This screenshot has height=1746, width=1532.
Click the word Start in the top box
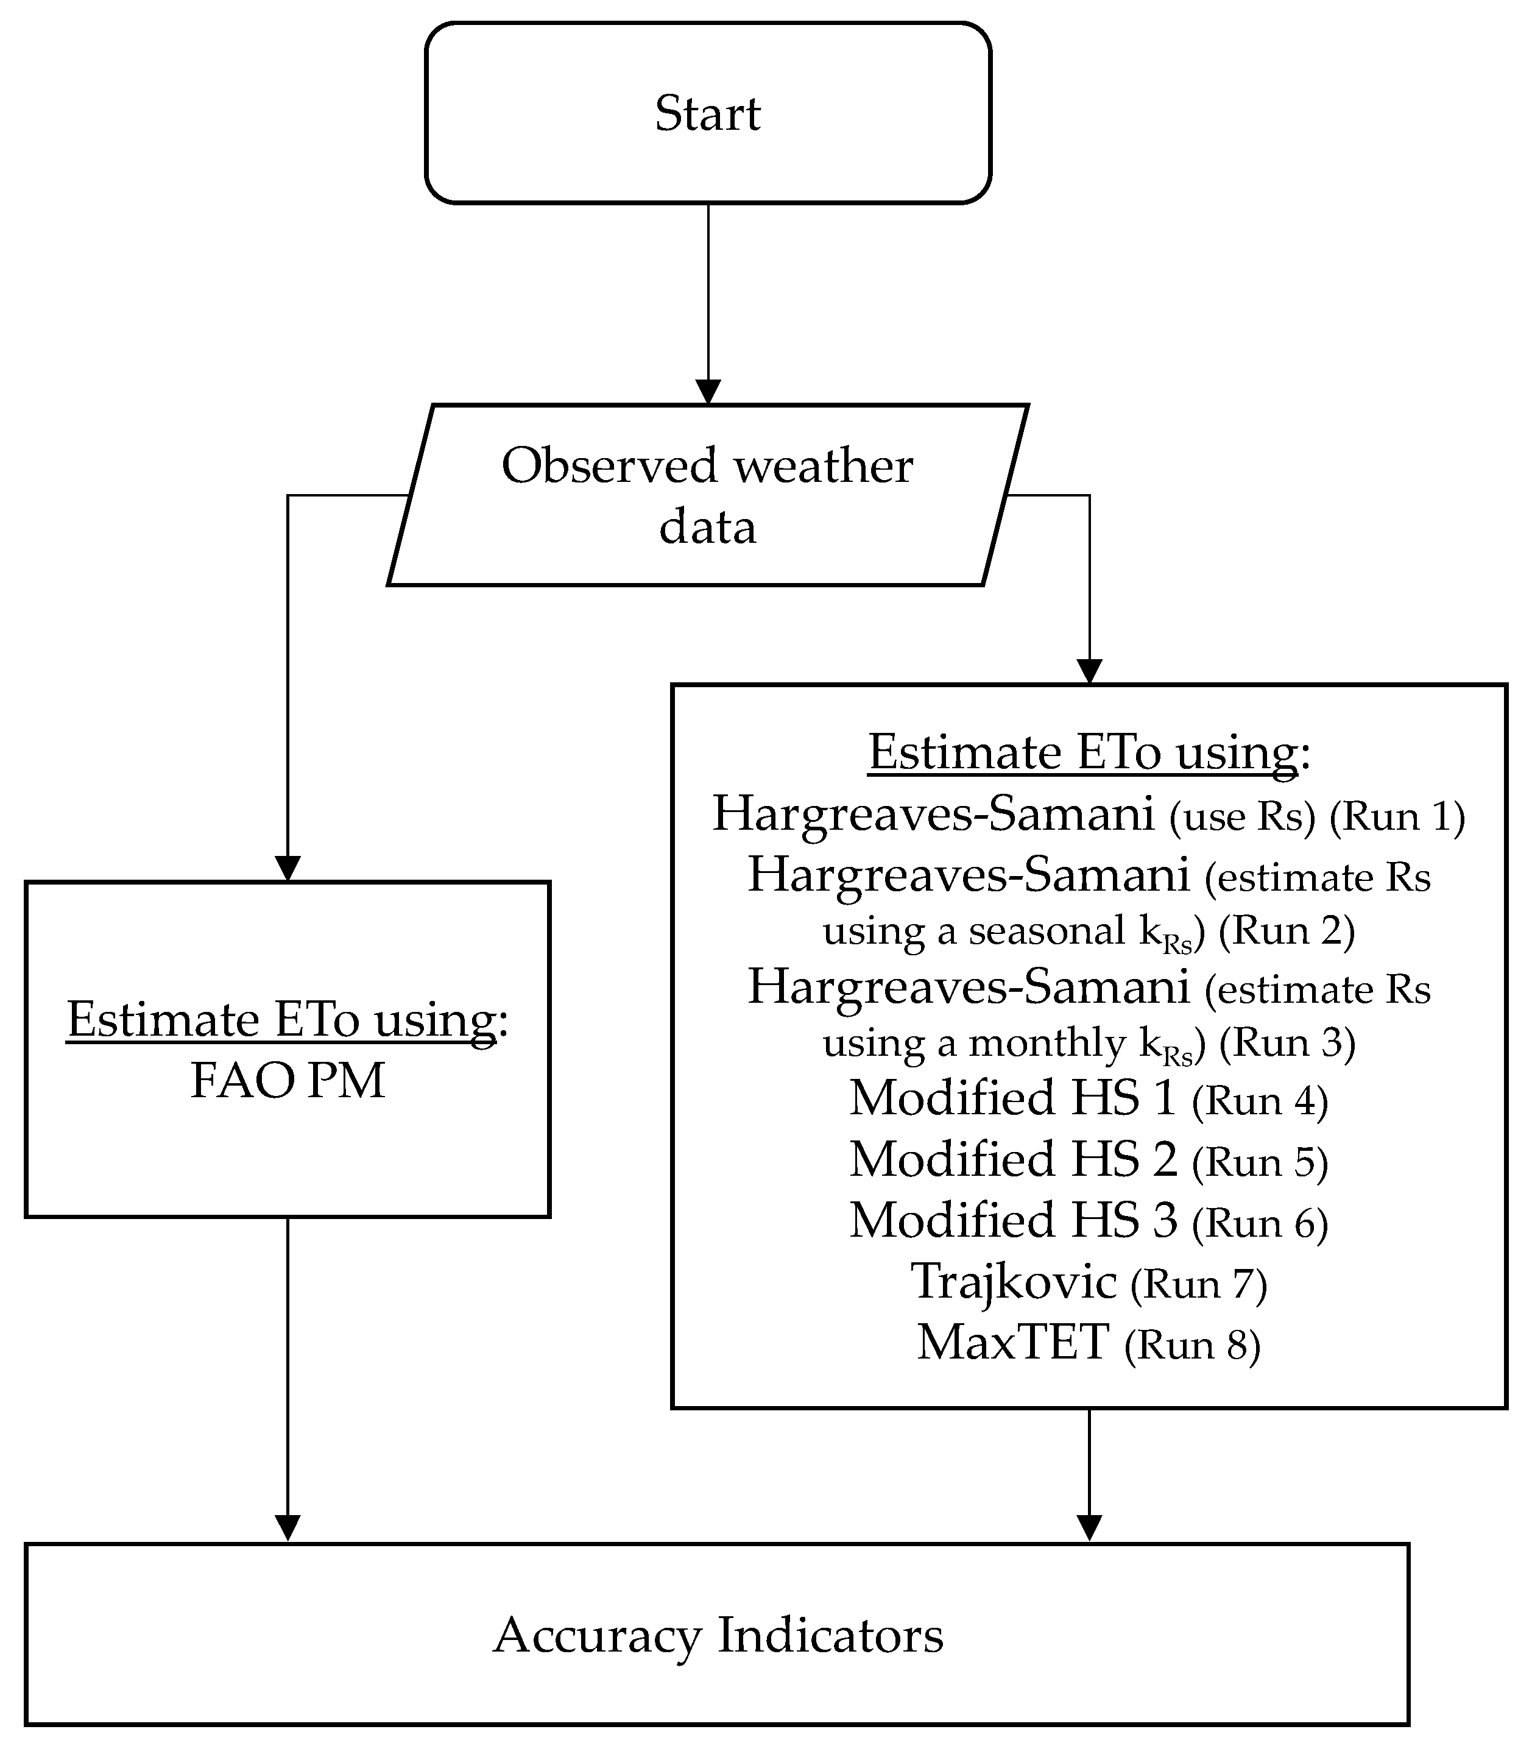[707, 113]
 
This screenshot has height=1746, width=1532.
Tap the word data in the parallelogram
[707, 527]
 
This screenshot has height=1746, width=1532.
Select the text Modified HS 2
[1013, 1160]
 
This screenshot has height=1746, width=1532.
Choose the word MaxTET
[1013, 1342]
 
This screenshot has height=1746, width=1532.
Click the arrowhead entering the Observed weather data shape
[708, 392]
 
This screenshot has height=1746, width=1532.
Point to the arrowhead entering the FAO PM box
[288, 868]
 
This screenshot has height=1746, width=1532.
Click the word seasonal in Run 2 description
[1046, 930]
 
